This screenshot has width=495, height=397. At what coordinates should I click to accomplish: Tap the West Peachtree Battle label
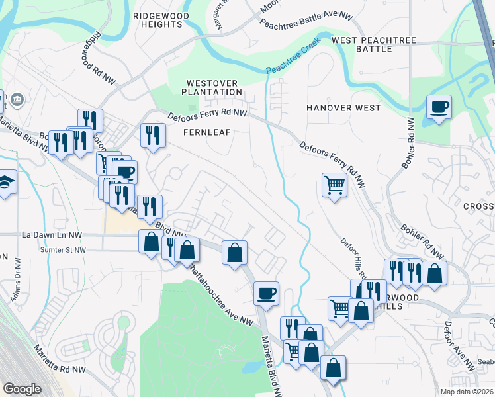[x=374, y=44]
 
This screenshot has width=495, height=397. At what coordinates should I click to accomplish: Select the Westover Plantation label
[x=212, y=87]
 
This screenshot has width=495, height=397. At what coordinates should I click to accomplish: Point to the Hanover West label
[x=343, y=108]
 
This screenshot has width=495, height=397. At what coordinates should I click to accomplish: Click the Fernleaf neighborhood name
[x=207, y=132]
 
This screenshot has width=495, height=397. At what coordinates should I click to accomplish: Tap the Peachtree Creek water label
[x=293, y=56]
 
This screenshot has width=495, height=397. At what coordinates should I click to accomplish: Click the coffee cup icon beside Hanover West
[x=438, y=107]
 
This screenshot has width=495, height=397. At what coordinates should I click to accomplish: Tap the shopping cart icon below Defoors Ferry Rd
[x=334, y=185]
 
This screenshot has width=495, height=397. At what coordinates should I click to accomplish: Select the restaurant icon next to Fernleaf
[x=153, y=135]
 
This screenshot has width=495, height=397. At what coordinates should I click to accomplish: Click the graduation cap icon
[x=5, y=181]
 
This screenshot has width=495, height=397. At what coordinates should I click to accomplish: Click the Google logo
[x=22, y=388]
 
